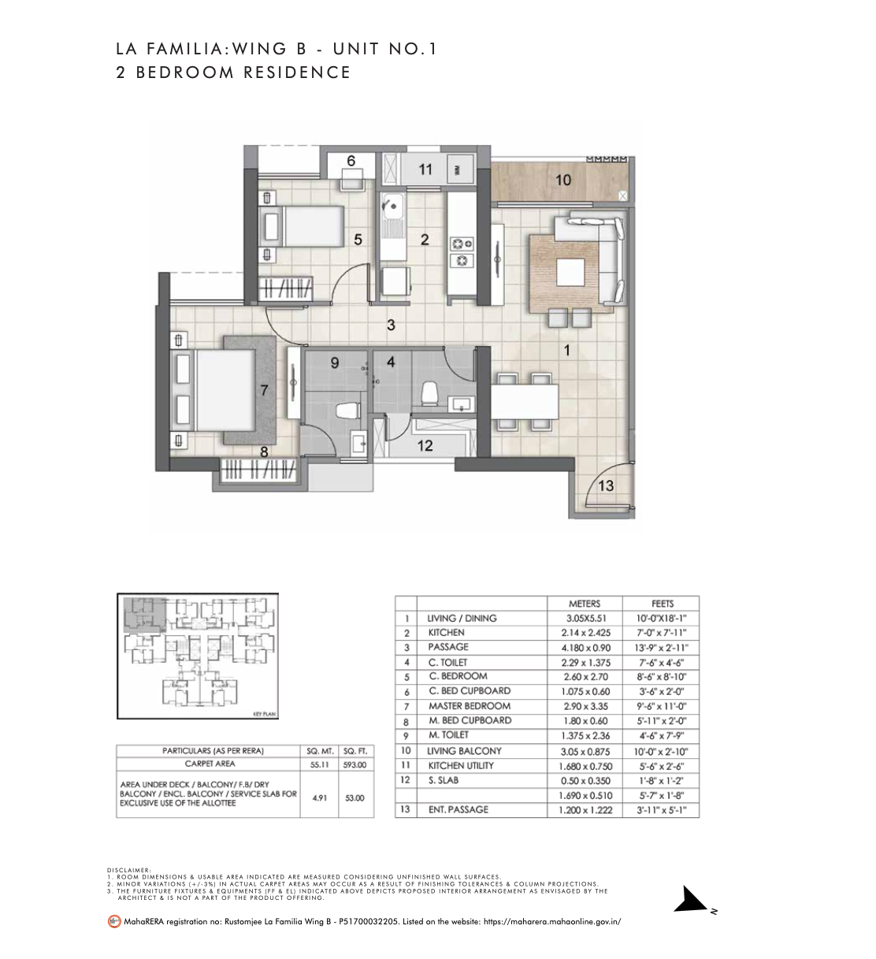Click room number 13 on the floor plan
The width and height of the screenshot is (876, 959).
605,485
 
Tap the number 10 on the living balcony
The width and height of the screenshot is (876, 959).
562,180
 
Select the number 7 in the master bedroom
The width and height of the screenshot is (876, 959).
264,389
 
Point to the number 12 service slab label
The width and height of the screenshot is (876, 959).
425,446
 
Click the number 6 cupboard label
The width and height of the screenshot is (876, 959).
351,161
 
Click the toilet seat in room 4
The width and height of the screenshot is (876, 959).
430,392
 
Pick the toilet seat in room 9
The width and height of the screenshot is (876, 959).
343,410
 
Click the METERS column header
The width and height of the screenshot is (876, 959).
584,604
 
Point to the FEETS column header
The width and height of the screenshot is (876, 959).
660,604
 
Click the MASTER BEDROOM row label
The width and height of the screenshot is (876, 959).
470,706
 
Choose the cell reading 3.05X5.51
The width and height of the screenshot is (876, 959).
584,619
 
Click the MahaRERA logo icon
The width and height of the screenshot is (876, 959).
114,920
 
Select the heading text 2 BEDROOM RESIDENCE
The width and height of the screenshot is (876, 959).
233,72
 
